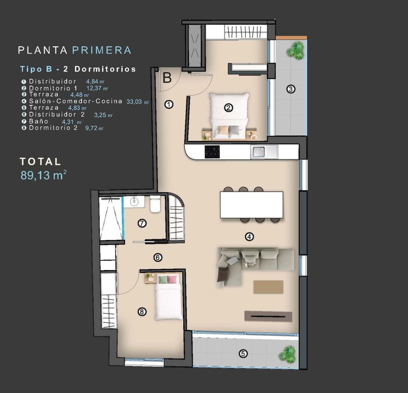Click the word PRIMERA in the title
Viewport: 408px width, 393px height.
102,50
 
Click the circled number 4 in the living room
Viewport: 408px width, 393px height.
249,237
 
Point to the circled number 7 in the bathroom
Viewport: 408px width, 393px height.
142,223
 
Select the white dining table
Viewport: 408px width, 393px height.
251,205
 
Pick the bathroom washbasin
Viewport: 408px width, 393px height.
134,201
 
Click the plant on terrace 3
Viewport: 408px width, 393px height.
295,50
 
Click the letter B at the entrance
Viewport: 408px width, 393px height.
167,78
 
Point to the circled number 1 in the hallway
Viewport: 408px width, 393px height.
169,105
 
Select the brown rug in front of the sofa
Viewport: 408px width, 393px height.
268,287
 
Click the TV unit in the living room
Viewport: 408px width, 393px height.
268,316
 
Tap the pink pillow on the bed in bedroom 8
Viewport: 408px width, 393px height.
172,279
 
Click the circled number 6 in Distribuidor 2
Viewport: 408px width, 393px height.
158,258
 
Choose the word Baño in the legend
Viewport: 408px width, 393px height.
38,121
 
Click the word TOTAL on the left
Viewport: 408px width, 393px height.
41,162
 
